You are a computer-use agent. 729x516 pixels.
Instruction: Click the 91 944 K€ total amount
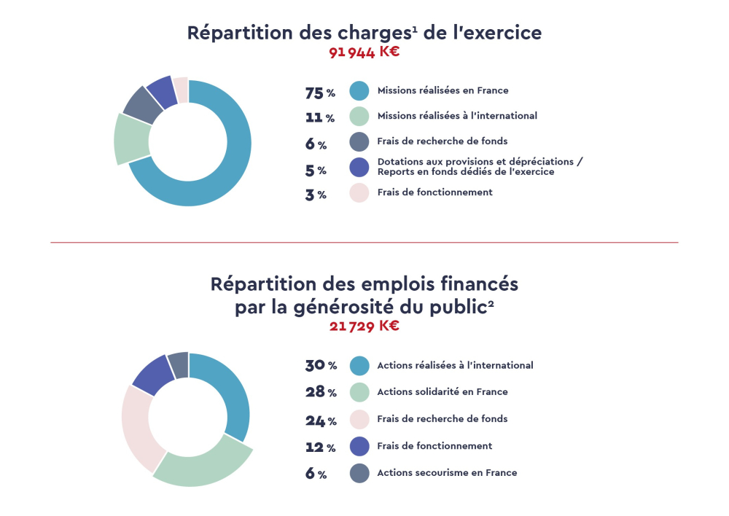pos(364,52)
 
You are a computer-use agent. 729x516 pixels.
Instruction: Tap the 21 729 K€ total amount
pos(364,326)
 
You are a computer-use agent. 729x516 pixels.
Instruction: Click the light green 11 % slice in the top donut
pos(131,138)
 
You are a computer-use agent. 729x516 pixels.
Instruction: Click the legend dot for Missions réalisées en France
pos(359,91)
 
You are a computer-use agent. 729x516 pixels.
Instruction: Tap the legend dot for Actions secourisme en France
pos(359,473)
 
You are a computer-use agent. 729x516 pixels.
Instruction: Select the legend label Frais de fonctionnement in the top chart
pos(434,192)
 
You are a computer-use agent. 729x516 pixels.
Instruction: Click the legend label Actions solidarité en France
pos(442,392)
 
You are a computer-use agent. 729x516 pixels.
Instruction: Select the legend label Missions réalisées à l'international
pos(457,116)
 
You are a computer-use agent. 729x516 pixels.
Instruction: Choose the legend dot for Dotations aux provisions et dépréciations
pos(359,167)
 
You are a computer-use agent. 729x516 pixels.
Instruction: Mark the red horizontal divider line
pos(364,242)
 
